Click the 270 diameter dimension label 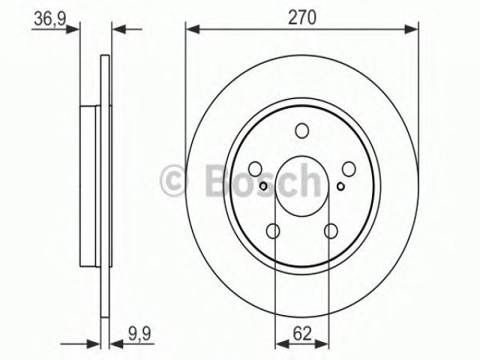pos(301,17)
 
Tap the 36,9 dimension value pos(50,19)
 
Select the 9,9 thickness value pos(140,333)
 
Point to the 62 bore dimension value pos(302,334)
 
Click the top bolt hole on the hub pos(301,130)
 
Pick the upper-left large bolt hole pos(255,169)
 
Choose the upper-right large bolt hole pos(349,169)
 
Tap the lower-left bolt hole pos(273,231)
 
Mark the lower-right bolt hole pos(331,231)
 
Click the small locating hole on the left pos(263,186)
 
